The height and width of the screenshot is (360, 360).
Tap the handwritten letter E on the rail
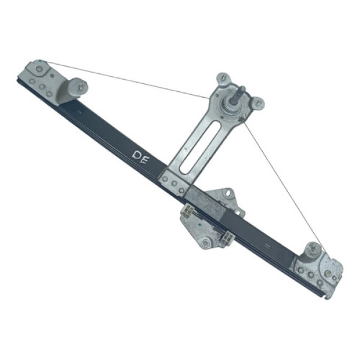pos(145,160)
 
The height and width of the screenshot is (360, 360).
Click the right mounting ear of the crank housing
pos(258,103)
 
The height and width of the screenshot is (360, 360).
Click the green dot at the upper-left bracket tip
pos(41,61)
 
